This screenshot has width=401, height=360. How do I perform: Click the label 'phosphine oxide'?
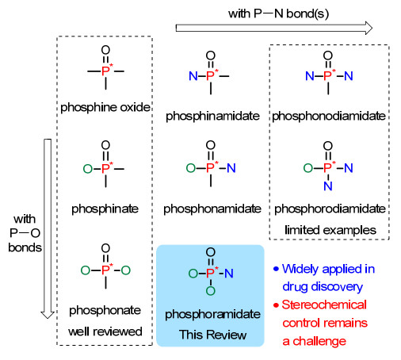105,108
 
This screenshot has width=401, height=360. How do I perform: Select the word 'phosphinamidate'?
212,117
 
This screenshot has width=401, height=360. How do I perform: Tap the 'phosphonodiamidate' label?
329,117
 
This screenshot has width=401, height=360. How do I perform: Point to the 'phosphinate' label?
105,209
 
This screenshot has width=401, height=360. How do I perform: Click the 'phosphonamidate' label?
212,209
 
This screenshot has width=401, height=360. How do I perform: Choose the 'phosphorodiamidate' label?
330,209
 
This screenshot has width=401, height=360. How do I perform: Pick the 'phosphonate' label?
105,311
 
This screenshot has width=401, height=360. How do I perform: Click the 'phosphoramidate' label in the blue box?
212,315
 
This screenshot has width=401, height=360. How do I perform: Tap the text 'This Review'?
212,335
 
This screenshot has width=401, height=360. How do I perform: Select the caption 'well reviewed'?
105,331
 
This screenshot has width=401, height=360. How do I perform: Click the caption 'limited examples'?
330,230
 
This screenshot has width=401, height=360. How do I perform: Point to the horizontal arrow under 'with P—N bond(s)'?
274,28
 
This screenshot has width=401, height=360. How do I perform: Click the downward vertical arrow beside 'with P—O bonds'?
48,228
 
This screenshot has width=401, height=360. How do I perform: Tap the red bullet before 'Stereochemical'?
276,305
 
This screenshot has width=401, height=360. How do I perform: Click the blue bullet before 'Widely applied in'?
276,269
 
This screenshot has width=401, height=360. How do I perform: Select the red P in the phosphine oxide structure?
105,71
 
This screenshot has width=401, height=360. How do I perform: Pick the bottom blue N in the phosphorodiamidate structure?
328,186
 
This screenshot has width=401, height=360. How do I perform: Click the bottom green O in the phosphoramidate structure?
211,291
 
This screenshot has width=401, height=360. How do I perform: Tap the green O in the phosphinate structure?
88,169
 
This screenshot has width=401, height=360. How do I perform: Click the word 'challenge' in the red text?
319,342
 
